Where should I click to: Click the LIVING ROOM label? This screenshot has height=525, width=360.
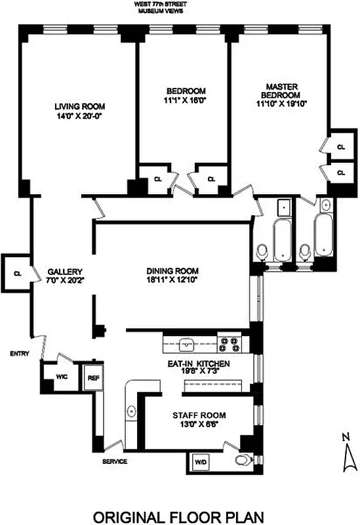point(79,106)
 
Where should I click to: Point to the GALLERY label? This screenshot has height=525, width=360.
point(64,271)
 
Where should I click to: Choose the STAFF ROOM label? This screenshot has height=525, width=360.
point(199,415)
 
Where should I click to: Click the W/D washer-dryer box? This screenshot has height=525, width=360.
point(200,462)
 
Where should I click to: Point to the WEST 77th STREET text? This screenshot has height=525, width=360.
point(179,5)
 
